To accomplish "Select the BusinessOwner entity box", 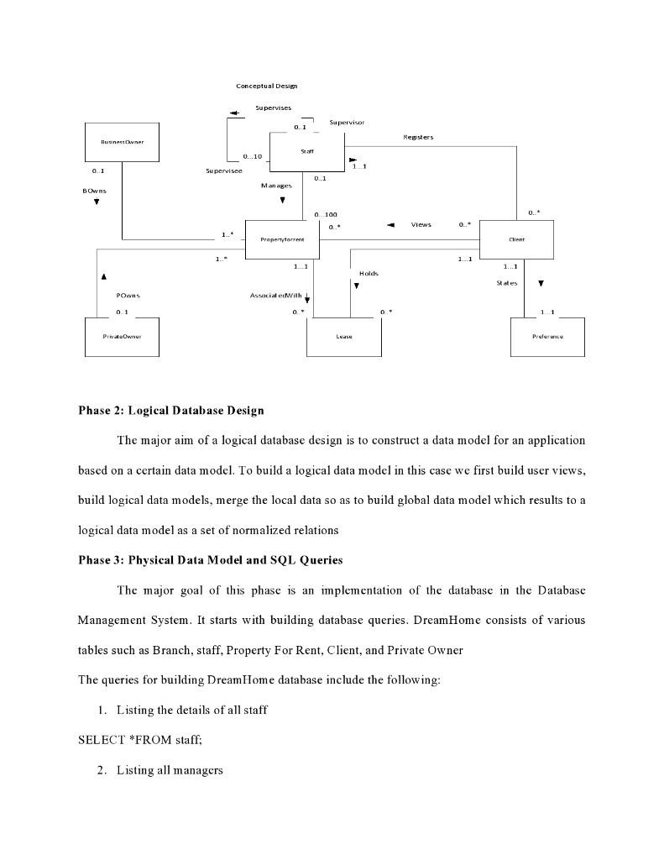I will click(x=122, y=143).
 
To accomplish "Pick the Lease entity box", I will click(x=344, y=338).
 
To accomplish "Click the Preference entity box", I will click(x=547, y=338).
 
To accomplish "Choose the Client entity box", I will click(x=516, y=240).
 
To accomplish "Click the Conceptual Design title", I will click(x=266, y=86).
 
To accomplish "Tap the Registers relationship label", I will click(x=418, y=137).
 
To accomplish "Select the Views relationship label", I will click(x=421, y=225).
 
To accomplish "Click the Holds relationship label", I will click(x=369, y=274).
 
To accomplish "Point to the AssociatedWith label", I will click(x=275, y=296).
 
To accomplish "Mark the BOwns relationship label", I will click(x=94, y=191).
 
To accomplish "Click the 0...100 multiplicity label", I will click(x=326, y=215).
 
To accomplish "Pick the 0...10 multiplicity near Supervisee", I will click(x=253, y=156).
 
